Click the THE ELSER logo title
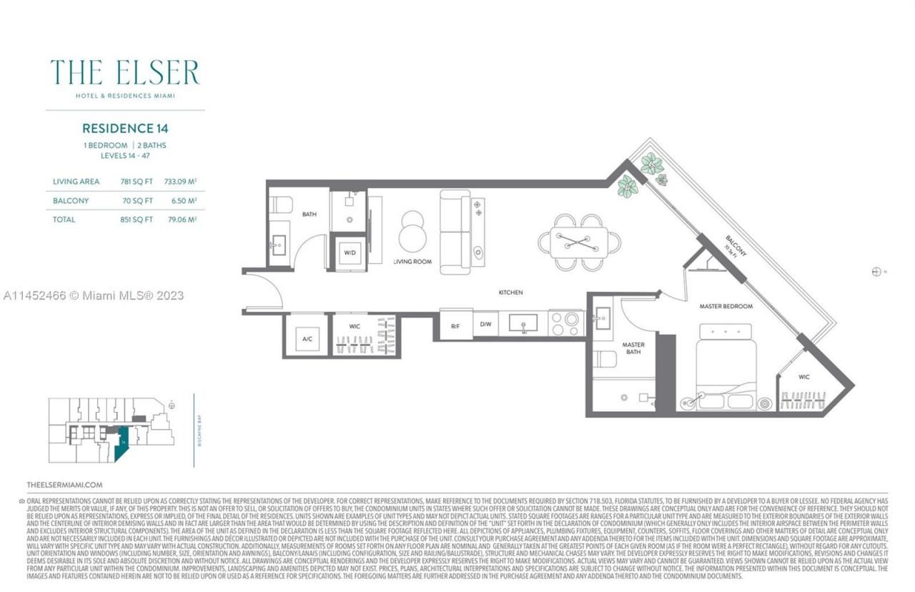(124, 73)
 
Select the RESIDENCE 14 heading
(125, 129)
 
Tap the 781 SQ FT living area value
(136, 182)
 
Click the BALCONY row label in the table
(71, 201)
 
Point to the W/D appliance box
(350, 252)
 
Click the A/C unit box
(307, 338)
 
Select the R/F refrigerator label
(455, 325)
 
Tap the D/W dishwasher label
(485, 325)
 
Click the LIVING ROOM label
(412, 262)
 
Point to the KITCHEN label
(510, 292)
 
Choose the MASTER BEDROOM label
(726, 306)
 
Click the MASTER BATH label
(633, 349)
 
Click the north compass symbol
(876, 272)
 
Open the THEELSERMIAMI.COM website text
(64, 484)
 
